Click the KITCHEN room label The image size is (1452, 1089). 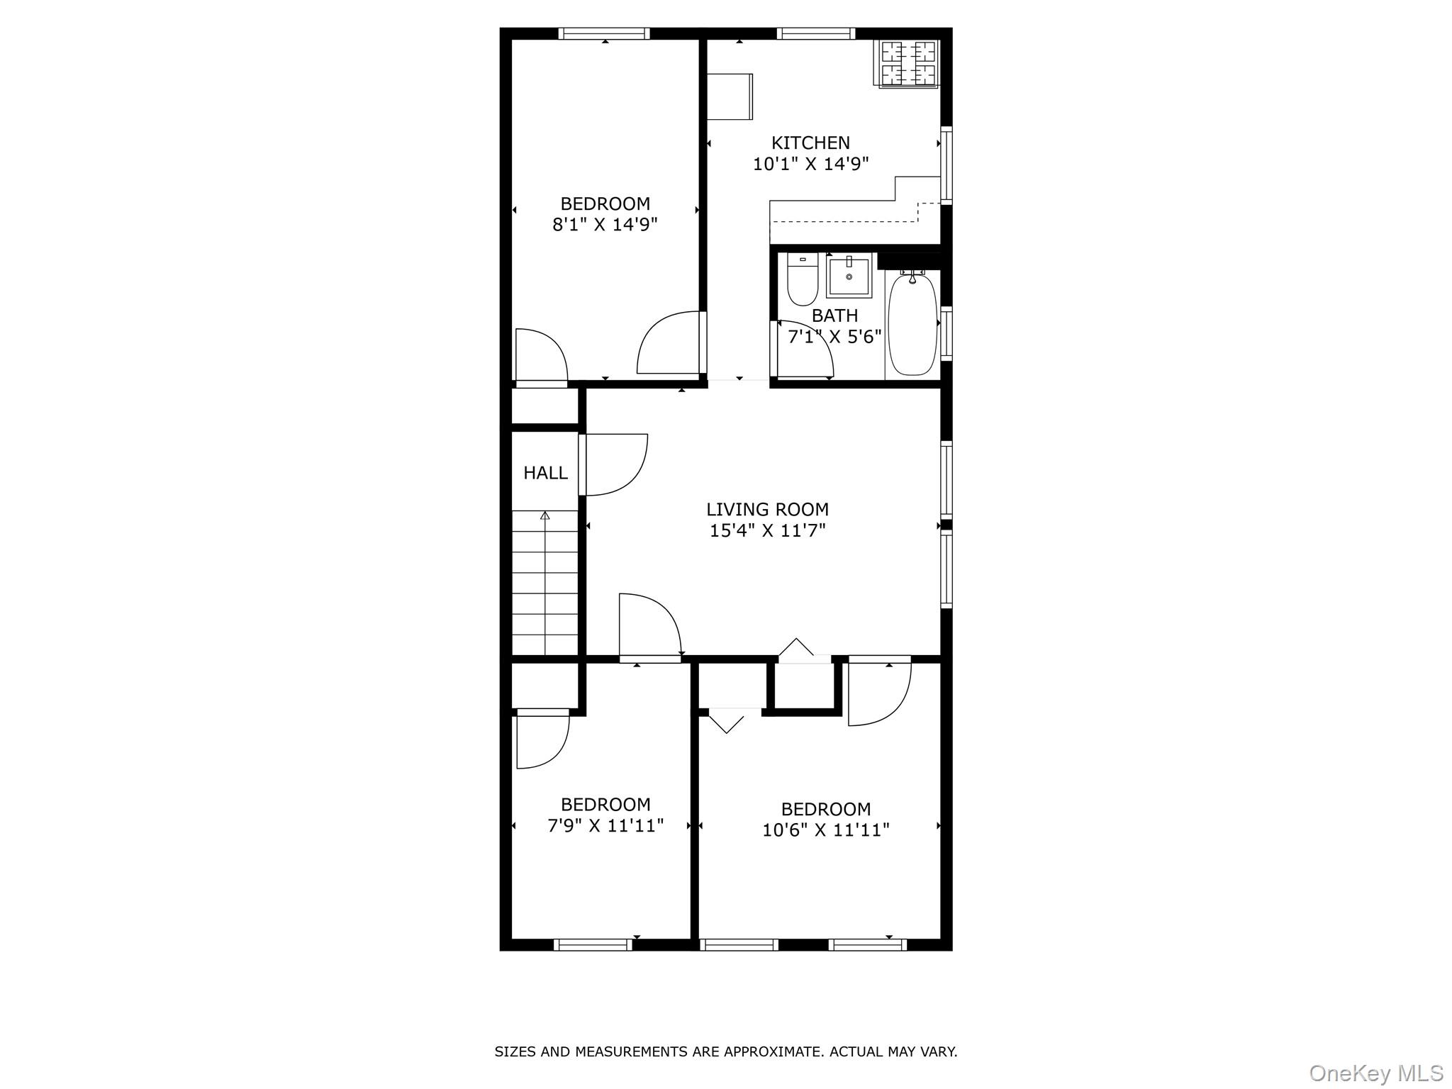[x=810, y=143]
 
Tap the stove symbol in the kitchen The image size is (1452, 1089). [x=909, y=63]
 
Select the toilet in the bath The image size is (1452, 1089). [x=803, y=279]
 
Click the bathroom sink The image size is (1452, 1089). [x=849, y=277]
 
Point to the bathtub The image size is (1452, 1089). [x=912, y=325]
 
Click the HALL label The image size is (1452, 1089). [x=545, y=473]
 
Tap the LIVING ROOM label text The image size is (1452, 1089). [x=767, y=510]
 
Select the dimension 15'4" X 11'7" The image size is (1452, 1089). [x=767, y=530]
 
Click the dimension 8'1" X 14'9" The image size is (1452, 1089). [x=605, y=225]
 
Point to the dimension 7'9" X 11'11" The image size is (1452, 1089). [x=605, y=825]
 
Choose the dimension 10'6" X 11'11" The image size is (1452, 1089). [x=825, y=830]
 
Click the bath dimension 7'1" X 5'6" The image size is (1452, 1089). [x=834, y=336]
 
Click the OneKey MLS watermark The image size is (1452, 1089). [x=1375, y=1073]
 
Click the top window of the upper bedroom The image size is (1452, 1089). [x=604, y=33]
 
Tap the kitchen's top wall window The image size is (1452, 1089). [x=815, y=33]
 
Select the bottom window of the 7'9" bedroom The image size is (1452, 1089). [x=593, y=944]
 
